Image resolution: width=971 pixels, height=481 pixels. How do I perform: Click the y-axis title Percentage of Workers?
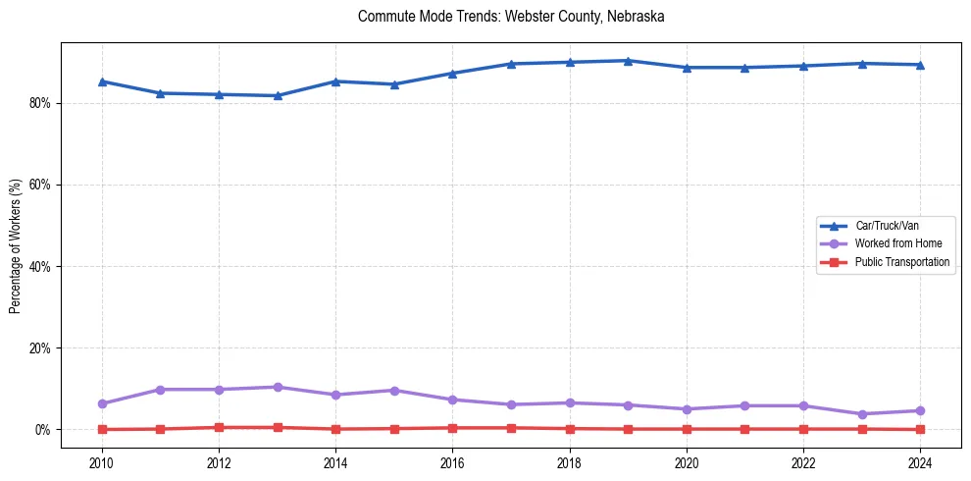coord(15,245)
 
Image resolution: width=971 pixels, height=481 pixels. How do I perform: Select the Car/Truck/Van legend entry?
coord(887,226)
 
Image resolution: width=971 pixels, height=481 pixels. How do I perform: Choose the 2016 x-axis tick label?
coord(452,461)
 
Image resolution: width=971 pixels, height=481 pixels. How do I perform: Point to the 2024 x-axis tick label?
coord(919,461)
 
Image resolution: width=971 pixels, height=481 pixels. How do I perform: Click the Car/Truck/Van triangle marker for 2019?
coord(628,61)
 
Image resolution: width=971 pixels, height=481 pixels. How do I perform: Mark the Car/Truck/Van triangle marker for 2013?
coord(278,95)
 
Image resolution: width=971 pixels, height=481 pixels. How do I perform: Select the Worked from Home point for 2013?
coord(278,387)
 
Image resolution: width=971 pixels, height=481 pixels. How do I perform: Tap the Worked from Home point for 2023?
coord(861,414)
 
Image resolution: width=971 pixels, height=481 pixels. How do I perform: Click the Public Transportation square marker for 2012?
coord(219,427)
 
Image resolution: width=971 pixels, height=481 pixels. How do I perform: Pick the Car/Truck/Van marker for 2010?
coord(102,81)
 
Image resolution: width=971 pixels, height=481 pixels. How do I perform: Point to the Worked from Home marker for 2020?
coord(686,409)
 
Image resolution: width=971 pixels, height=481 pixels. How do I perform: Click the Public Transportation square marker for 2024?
coord(919,429)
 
